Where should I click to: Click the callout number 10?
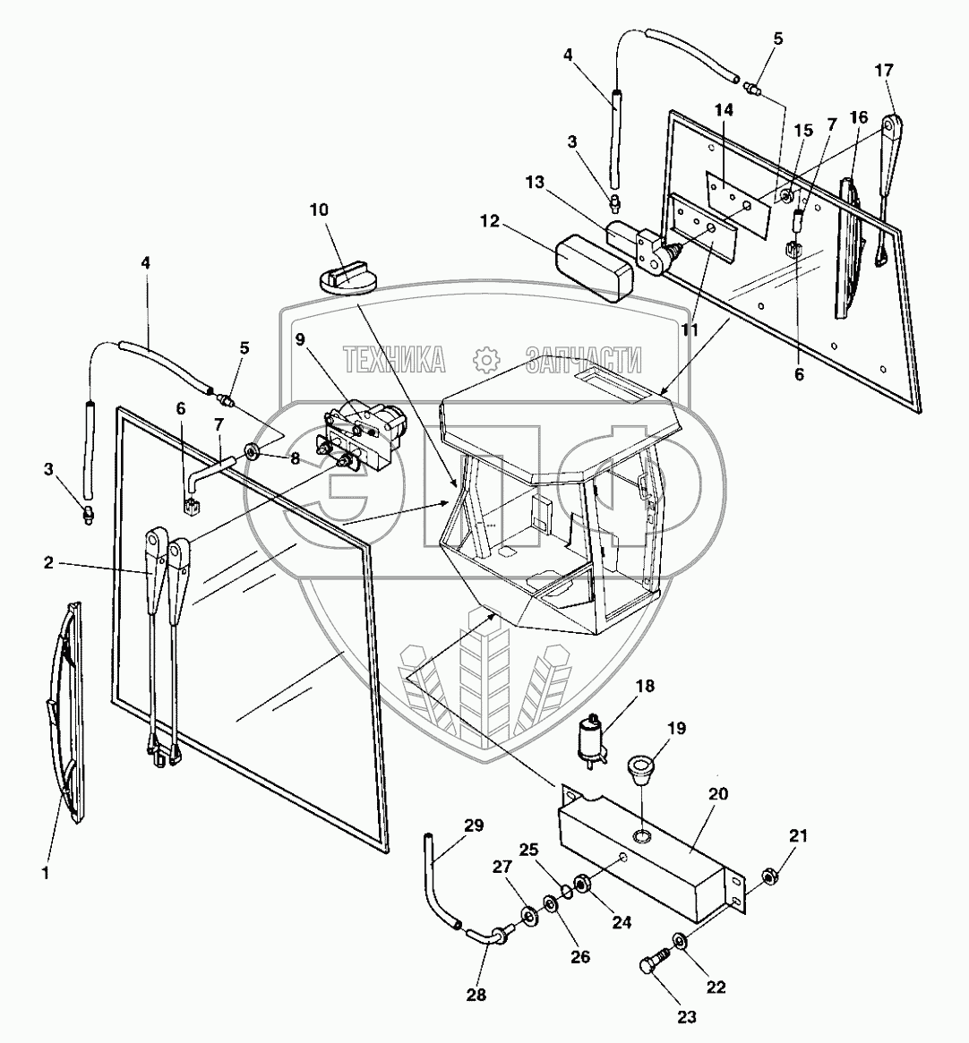tap(319, 209)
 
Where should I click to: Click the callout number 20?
tap(717, 793)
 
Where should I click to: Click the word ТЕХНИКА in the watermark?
tap(394, 360)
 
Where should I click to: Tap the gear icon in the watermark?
tap(485, 360)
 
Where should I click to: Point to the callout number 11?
tap(689, 329)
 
